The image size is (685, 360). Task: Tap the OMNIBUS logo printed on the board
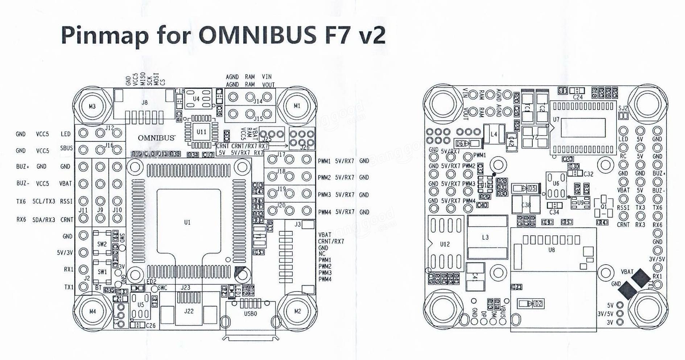(156, 138)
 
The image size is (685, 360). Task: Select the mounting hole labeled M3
(92, 106)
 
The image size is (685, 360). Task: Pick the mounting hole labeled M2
(297, 311)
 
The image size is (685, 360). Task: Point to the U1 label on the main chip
(187, 222)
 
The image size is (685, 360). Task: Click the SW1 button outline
(102, 272)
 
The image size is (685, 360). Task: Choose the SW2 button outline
(102, 244)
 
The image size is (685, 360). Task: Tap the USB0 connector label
(250, 313)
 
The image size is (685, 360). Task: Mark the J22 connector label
(189, 311)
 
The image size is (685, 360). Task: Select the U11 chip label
(201, 132)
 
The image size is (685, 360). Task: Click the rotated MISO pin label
(143, 79)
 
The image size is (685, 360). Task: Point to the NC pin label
(322, 254)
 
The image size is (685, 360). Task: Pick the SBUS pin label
(66, 148)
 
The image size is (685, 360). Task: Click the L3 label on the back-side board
(485, 237)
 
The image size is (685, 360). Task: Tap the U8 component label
(552, 249)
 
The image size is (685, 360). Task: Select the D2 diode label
(538, 303)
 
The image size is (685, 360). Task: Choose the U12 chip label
(445, 244)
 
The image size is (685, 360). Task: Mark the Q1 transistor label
(603, 207)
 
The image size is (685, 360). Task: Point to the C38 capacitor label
(526, 205)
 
